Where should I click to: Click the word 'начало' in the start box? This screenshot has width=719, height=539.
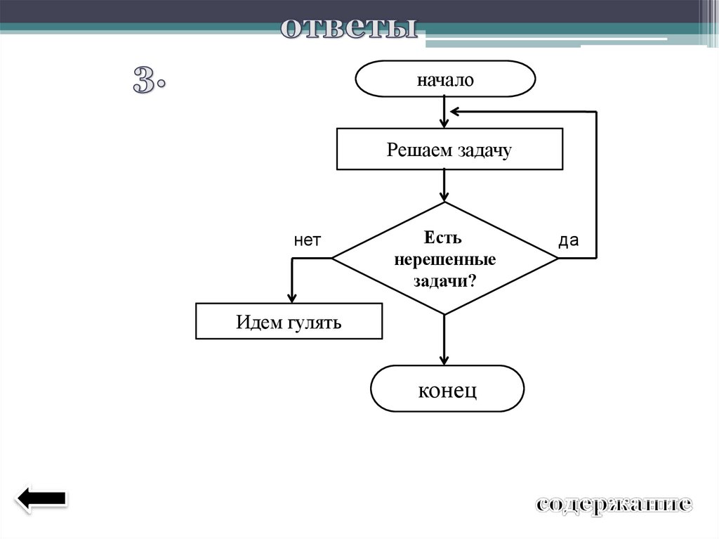[445, 79]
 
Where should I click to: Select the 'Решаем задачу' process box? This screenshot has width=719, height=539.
[449, 149]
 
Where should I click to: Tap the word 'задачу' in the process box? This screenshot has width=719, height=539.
[485, 150]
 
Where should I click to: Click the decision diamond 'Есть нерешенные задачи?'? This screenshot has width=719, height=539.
[444, 259]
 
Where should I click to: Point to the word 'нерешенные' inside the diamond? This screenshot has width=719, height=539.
[444, 259]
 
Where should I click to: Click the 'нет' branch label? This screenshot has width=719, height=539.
[307, 241]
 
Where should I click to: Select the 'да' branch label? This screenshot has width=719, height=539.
[568, 241]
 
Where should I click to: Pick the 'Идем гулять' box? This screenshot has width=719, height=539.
[289, 321]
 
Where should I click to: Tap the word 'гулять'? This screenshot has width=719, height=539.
[314, 323]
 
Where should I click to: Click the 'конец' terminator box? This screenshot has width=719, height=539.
[447, 388]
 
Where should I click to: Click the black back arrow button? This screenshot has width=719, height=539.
[41, 498]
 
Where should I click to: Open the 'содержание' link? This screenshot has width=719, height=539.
[614, 504]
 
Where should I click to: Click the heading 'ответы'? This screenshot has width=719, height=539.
[349, 29]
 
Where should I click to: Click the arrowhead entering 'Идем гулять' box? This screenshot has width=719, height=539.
[292, 297]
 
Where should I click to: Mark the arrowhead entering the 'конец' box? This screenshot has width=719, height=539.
[444, 359]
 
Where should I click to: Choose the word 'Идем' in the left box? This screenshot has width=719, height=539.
[258, 323]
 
